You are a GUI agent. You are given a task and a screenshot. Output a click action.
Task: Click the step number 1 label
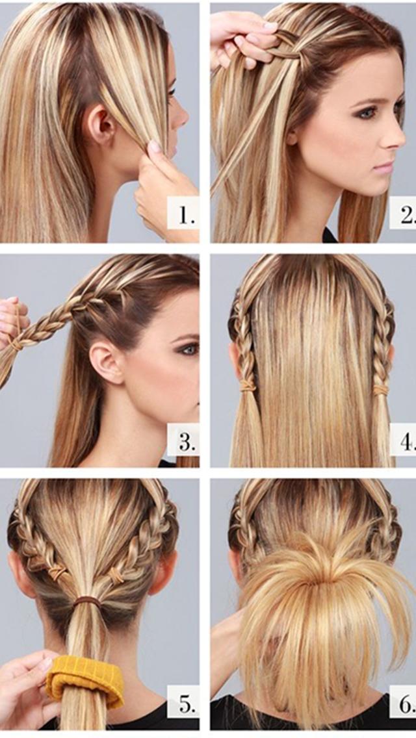(x=184, y=215)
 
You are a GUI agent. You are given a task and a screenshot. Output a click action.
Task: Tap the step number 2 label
(x=404, y=214)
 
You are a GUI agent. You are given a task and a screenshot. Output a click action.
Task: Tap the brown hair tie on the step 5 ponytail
(x=86, y=602)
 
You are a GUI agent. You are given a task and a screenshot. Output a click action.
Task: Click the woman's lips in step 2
(x=383, y=167)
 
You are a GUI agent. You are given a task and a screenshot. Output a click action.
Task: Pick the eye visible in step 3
(x=188, y=349)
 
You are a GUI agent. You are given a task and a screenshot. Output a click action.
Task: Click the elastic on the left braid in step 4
(x=247, y=385)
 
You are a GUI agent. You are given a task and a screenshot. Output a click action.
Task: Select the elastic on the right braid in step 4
(x=380, y=389)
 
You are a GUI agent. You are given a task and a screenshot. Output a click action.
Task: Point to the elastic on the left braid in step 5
(x=58, y=572)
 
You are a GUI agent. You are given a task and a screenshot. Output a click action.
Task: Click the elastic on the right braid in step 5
(x=117, y=575)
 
